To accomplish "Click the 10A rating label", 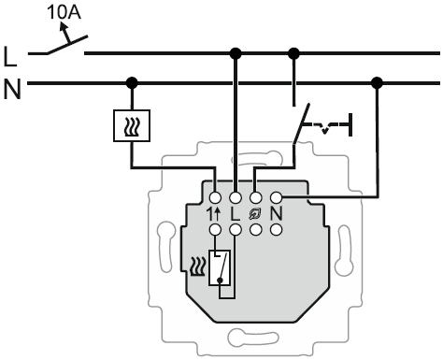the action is click(64, 13).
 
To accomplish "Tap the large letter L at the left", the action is click(10, 56).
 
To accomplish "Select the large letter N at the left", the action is click(12, 89).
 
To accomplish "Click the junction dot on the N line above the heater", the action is click(132, 83).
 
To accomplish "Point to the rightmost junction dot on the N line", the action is click(377, 83).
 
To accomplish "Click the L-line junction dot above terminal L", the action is click(236, 53).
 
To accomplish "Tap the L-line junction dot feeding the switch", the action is click(293, 53).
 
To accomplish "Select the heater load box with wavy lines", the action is click(132, 125).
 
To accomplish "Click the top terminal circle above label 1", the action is click(215, 197).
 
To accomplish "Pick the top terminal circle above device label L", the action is click(236, 197).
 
